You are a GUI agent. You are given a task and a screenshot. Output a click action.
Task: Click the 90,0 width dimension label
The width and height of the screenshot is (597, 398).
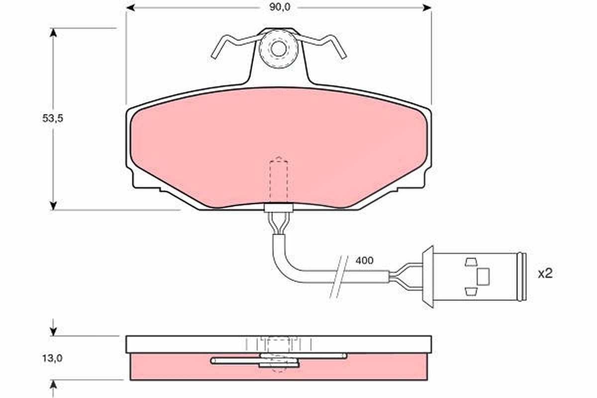tap(279, 7)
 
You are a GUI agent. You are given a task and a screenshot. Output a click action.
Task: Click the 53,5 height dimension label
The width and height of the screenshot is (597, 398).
tap(53, 118)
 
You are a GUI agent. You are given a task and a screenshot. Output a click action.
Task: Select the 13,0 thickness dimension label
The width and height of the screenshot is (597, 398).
tap(53, 358)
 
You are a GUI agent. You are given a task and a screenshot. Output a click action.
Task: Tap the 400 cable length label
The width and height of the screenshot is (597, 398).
tap(365, 261)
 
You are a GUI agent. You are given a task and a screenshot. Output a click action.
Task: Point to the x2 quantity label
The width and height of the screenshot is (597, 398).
tap(545, 274)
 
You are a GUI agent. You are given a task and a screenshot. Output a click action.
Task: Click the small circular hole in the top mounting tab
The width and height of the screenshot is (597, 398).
tap(279, 49)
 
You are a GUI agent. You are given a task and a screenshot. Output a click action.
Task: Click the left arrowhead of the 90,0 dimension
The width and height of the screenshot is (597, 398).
tap(130, 8)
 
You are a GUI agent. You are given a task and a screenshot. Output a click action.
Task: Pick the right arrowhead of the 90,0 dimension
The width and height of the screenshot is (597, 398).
tap(427, 8)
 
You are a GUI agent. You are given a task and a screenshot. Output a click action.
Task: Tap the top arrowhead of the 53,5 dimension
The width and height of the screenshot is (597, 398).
tap(53, 32)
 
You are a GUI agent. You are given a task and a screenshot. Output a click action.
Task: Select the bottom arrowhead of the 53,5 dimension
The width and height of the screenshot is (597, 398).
tap(53, 206)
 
